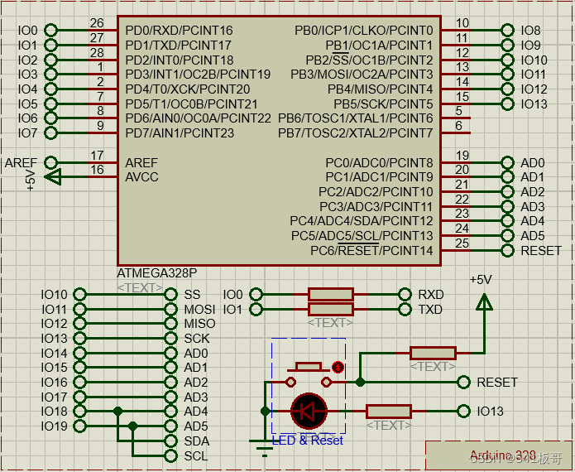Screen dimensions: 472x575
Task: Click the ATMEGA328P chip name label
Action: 157,272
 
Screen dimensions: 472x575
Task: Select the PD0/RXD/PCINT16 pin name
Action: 179,31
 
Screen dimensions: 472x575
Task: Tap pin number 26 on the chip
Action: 97,23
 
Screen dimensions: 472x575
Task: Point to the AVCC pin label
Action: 141,177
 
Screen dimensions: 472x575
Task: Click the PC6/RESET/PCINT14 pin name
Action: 371,250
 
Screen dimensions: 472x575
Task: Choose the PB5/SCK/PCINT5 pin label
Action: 383,104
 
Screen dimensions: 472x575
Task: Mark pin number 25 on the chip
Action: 462,243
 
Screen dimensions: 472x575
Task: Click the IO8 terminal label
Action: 531,31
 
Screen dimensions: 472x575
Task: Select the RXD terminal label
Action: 430,295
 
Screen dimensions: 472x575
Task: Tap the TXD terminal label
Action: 430,310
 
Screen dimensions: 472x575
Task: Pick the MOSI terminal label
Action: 199,310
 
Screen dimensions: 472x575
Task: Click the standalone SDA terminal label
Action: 196,441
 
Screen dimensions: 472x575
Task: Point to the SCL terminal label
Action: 196,456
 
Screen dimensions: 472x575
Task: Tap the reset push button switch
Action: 309,368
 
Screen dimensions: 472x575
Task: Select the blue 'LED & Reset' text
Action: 307,441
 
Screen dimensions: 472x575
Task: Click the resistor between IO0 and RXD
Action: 330,294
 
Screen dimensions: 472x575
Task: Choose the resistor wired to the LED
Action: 388,411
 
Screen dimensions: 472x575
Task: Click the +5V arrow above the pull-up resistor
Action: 483,302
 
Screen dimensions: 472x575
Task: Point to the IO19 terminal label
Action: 54,426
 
